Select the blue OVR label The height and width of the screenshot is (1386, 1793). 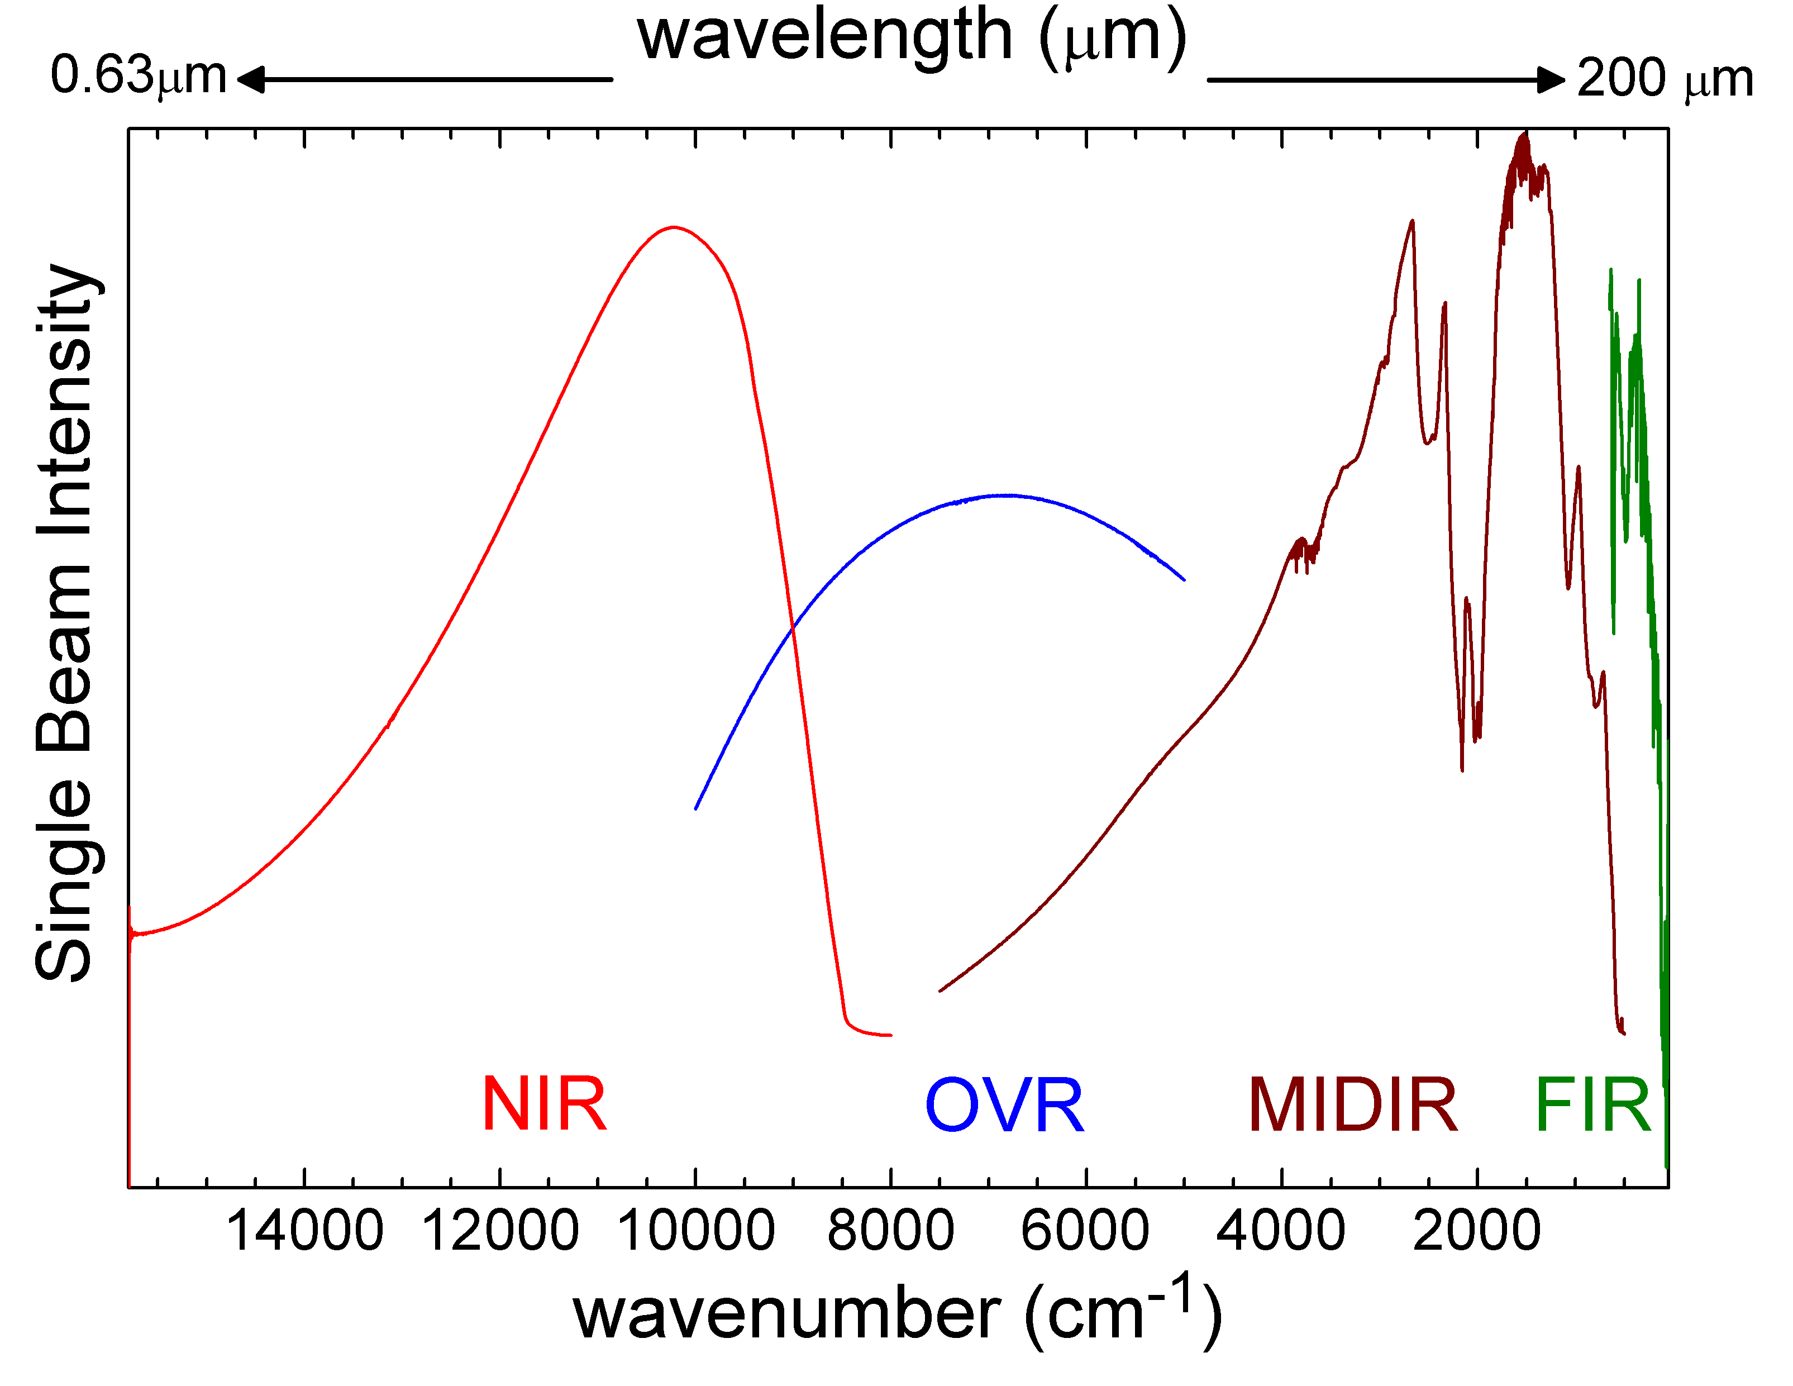point(1004,1106)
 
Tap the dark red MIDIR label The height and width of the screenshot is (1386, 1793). point(1352,1106)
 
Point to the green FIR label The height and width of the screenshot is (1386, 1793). point(1592,1106)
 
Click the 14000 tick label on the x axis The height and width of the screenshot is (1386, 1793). point(304,1232)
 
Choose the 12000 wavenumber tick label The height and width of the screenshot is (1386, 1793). point(500,1232)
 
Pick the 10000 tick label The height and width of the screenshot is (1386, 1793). point(695,1232)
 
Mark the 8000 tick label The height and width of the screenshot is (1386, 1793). point(891,1232)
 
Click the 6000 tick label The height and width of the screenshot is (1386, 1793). point(1085,1232)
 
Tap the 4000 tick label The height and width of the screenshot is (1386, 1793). point(1281,1232)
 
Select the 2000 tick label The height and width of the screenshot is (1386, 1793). point(1476,1232)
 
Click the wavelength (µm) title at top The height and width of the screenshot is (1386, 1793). point(911,37)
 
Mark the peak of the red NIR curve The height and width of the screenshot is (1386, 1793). point(674,227)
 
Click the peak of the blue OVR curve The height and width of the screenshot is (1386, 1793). point(1007,495)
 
